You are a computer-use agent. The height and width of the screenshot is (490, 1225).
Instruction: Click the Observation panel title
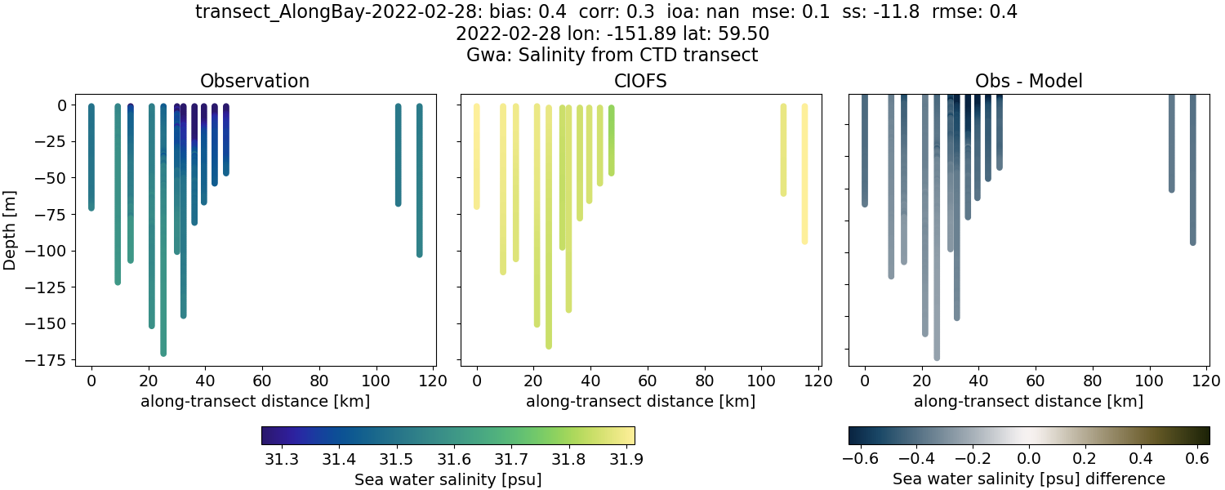(254, 81)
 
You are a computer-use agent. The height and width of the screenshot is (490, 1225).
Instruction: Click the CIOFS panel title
(640, 81)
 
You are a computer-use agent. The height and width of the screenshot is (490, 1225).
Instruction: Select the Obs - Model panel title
(1028, 81)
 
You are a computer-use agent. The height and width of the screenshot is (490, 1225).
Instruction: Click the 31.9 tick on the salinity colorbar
(623, 459)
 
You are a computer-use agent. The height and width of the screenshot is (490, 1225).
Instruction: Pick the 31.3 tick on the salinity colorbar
(281, 459)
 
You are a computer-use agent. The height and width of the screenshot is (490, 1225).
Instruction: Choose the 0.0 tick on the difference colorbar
(1029, 459)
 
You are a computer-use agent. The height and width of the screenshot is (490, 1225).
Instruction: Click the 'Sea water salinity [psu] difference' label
(1029, 479)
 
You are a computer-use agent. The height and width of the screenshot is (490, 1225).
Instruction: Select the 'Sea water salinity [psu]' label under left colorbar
(448, 479)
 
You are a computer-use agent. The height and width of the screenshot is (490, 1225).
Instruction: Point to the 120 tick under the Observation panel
(433, 380)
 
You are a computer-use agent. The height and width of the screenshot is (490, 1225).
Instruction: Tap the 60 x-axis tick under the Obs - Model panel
(1036, 380)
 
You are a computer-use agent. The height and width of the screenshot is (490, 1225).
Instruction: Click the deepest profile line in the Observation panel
(163, 245)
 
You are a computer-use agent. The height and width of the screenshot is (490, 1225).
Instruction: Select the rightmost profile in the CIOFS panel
(804, 180)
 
